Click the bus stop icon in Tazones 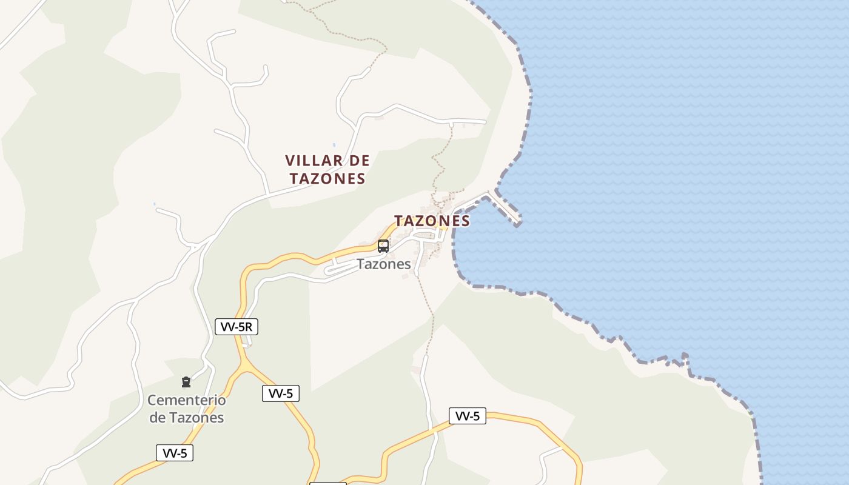(383, 246)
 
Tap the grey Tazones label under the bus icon (383, 264)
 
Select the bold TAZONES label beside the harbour (432, 221)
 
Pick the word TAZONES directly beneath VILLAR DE (327, 178)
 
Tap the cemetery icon (186, 382)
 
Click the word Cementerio (187, 400)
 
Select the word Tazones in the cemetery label (196, 417)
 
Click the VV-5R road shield (237, 327)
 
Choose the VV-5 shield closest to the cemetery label (175, 453)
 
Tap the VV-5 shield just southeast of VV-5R (281, 393)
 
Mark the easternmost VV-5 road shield (468, 416)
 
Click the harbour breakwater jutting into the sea (505, 207)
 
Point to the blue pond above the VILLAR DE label (334, 145)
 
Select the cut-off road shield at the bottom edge (327, 483)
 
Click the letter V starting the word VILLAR (290, 161)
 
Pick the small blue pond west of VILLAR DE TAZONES (154, 204)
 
